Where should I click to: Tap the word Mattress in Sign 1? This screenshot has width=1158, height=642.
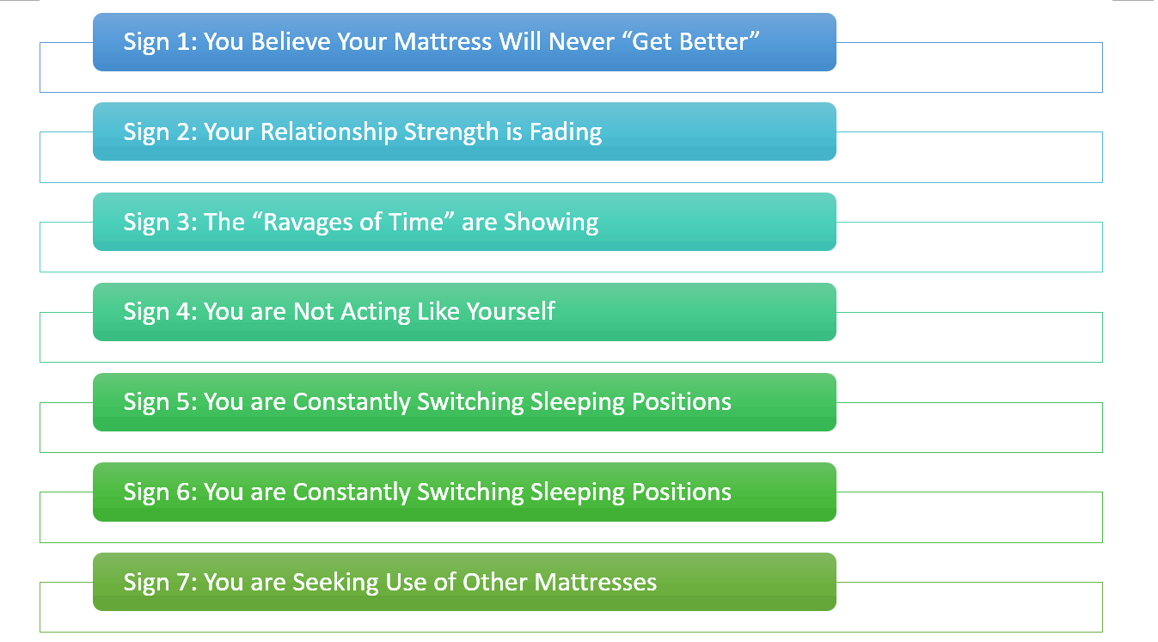tap(442, 41)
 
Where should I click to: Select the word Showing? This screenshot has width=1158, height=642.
tap(551, 223)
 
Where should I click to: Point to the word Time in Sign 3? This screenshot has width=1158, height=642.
tap(417, 222)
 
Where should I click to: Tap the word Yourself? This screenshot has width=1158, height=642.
tap(511, 312)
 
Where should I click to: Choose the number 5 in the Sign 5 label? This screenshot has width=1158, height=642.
tap(183, 401)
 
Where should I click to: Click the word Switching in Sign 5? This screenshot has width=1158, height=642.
tap(470, 402)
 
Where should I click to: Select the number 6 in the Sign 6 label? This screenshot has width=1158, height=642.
tap(183, 492)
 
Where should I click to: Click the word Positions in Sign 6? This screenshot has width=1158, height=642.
tap(683, 492)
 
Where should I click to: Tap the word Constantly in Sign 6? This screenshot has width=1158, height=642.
tap(352, 492)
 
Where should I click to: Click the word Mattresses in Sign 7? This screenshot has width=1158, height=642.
tap(596, 582)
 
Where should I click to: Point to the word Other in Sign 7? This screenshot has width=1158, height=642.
tap(495, 582)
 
